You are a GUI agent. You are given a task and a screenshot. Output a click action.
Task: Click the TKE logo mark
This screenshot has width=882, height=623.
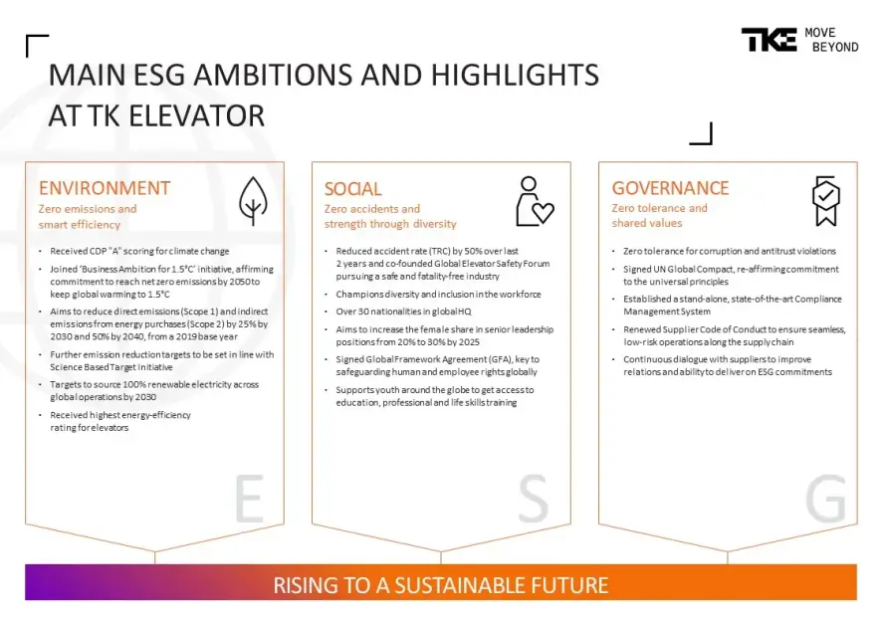coord(769,40)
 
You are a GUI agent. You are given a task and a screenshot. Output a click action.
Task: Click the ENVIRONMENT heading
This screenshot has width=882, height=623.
coord(105,188)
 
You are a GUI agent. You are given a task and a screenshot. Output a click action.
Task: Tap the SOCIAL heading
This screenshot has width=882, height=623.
coord(352,188)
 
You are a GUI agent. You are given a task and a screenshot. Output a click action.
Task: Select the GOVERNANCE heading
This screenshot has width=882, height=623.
coord(670,188)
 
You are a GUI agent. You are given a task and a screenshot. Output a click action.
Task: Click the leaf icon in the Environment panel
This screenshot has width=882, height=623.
coord(253,201)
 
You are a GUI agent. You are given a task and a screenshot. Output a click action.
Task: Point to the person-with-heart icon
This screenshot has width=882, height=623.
coord(535,201)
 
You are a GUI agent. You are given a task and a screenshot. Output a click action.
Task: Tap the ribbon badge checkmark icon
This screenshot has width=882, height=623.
coord(825,201)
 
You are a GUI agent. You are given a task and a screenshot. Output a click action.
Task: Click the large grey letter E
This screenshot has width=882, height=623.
coord(249,498)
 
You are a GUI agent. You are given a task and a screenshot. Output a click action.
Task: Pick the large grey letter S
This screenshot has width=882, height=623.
coord(533,498)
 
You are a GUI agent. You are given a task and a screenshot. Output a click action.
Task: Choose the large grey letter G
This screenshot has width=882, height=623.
coord(825,498)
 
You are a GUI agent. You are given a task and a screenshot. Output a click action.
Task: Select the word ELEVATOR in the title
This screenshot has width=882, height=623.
coord(196,115)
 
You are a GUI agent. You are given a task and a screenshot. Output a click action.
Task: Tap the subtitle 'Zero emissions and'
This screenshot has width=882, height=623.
coord(88,209)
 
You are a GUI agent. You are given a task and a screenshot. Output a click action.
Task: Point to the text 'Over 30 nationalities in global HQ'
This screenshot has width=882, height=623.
coord(403,311)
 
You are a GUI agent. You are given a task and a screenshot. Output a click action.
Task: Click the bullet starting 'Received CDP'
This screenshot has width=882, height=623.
coord(139,252)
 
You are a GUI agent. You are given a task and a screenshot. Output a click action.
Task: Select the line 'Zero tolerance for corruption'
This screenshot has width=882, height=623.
coord(730,252)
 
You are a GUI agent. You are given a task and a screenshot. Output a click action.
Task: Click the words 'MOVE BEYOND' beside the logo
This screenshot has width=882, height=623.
coord(831,40)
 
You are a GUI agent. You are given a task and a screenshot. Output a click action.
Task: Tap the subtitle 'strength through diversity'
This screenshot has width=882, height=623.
coord(390,224)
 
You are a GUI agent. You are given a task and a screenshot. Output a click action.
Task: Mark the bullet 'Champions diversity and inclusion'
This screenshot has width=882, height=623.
coord(438,294)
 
